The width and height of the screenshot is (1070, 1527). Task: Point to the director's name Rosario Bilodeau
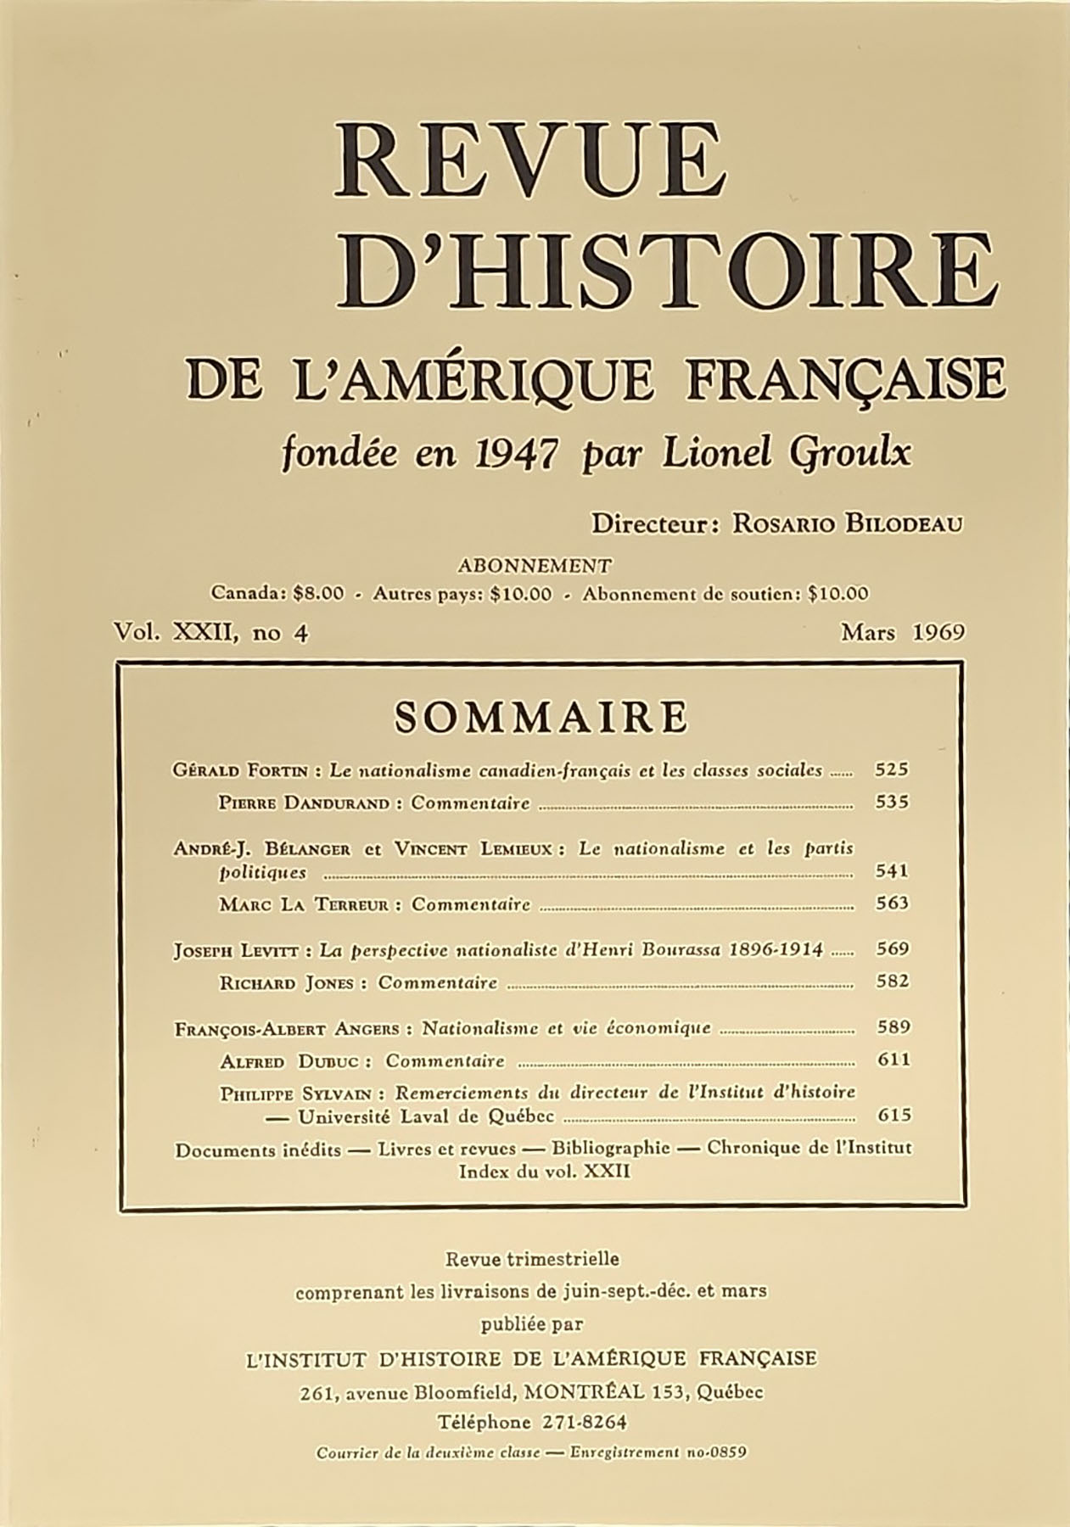[x=848, y=523]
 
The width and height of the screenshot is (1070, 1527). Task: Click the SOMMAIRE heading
[x=541, y=718]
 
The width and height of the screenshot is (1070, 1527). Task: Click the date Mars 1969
[x=902, y=633]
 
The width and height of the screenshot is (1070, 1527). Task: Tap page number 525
[x=892, y=770]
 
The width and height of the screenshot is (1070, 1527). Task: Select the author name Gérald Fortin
[x=241, y=771]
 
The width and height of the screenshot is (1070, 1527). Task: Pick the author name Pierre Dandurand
[x=305, y=803]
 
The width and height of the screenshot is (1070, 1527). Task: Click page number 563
[x=892, y=903]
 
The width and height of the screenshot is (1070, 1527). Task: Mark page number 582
[x=892, y=982]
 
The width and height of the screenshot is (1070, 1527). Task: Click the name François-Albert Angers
[x=287, y=1029]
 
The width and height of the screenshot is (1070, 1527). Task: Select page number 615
[x=892, y=1116]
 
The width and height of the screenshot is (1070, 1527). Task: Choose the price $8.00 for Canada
[x=317, y=594]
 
